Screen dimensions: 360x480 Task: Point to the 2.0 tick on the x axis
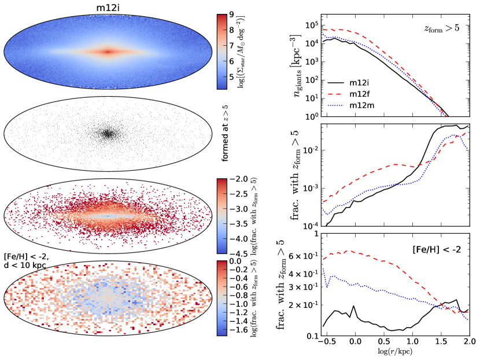pos(468,343)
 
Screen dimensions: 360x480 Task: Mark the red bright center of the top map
pos(108,51)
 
